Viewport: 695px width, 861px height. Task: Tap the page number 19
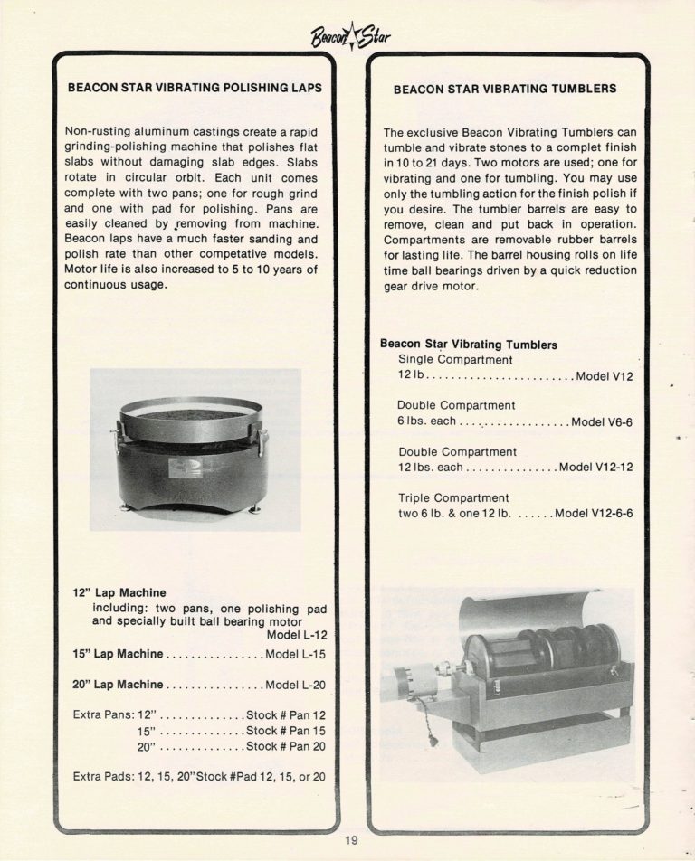351,842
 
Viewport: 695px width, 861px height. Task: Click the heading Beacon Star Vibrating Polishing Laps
195,89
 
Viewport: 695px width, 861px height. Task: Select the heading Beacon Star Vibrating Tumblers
505,90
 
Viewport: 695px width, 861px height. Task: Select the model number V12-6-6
594,514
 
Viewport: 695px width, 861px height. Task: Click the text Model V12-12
595,468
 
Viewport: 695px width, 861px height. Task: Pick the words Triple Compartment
453,498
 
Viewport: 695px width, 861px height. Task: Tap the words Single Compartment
456,360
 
